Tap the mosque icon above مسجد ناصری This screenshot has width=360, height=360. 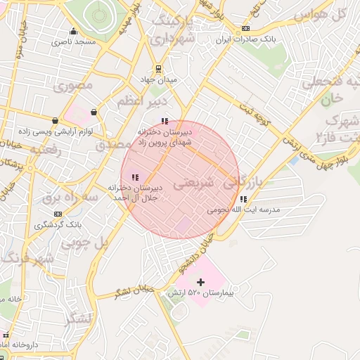pos(73,32)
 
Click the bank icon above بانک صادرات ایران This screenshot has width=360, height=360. pos(245,28)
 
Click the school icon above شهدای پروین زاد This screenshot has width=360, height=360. pos(165,121)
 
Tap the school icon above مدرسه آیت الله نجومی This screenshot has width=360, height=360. pos(243,199)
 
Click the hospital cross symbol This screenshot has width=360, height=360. pos(201,282)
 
